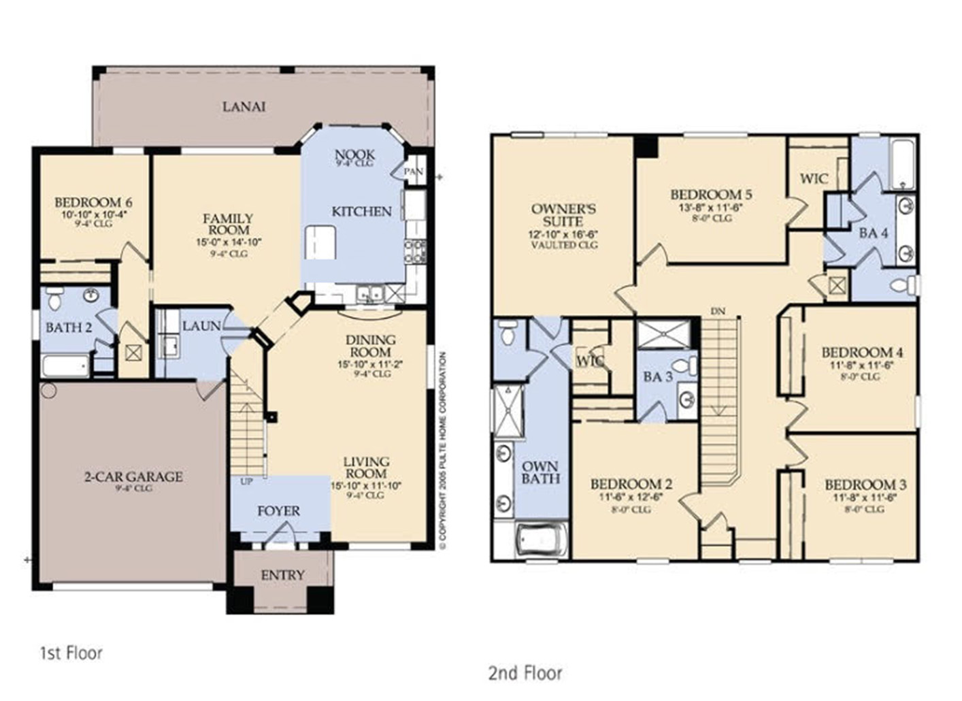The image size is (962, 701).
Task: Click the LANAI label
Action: [244, 107]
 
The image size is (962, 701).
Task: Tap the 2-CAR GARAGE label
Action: [133, 476]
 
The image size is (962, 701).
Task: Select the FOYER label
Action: [278, 510]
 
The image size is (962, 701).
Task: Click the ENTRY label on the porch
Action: [283, 575]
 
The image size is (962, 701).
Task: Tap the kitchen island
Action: [320, 243]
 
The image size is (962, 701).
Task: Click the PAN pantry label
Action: [413, 172]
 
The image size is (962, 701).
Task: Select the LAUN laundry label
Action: [201, 327]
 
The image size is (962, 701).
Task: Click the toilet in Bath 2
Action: [54, 297]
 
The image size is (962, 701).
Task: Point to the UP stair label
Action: [246, 482]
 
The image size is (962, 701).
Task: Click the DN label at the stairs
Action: [718, 311]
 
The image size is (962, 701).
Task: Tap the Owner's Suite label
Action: [563, 215]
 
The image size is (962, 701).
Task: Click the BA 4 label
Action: [874, 233]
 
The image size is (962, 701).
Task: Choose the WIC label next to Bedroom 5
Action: [814, 179]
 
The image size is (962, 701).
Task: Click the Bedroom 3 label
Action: [865, 485]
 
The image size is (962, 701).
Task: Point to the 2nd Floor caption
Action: [525, 674]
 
